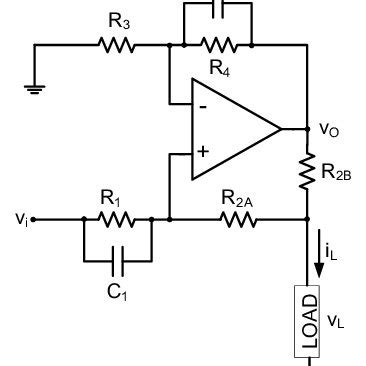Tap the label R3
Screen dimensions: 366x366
pyautogui.click(x=114, y=18)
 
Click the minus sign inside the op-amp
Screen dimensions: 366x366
pyautogui.click(x=203, y=105)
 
